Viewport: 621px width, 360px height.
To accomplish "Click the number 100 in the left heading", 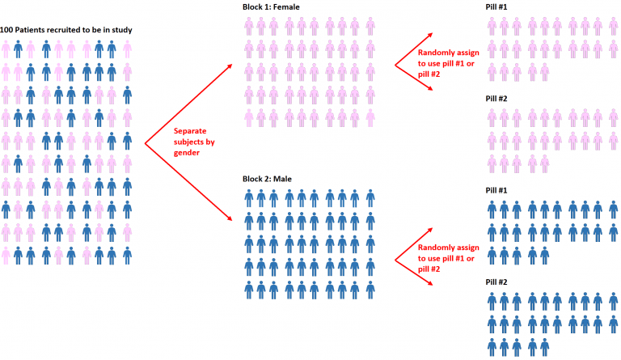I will pos(9,30).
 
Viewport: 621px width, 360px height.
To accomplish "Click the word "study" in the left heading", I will pos(121,30).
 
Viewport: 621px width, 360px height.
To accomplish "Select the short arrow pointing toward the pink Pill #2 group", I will pos(410,78).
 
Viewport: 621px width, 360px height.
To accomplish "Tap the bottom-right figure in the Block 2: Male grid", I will pos(370,288).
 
